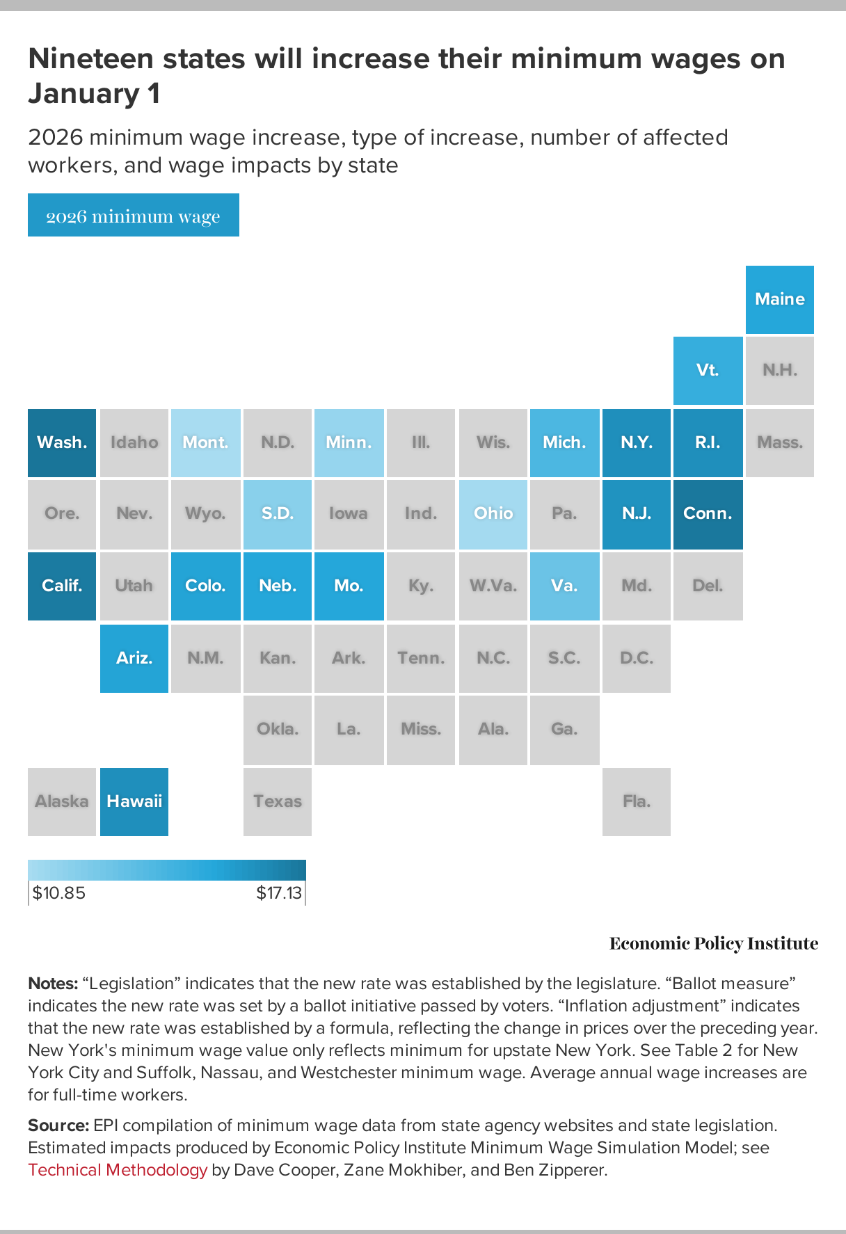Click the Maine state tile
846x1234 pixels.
coord(779,299)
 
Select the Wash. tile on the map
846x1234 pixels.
coord(62,442)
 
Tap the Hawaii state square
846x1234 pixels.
coord(134,801)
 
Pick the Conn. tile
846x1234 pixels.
coord(708,514)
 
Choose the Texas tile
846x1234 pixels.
coord(278,801)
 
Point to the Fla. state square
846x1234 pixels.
coord(636,801)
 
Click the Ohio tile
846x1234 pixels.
coord(493,514)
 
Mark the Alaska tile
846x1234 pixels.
coord(62,801)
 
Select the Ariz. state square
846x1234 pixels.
coord(134,658)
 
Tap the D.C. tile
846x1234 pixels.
coord(636,658)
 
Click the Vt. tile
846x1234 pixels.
coord(708,370)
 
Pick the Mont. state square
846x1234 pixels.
coord(205,442)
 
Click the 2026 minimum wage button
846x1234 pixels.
coord(133,216)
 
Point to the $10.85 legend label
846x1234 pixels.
coord(59,892)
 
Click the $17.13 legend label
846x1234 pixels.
coord(279,892)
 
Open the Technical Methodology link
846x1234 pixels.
coord(118,1170)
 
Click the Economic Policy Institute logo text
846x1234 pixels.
coord(713,943)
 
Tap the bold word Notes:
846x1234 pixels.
coord(52,984)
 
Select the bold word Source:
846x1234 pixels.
coord(58,1125)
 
